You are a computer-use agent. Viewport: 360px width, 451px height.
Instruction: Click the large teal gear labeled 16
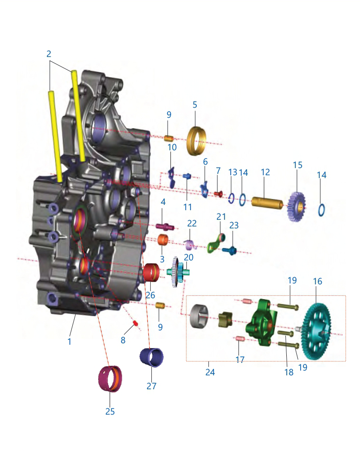click(x=316, y=332)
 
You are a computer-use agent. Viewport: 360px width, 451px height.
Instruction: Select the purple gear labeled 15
click(x=296, y=206)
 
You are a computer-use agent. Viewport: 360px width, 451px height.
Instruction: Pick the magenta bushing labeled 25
click(x=110, y=379)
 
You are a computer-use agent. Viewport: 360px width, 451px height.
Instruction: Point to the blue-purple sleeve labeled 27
click(x=152, y=357)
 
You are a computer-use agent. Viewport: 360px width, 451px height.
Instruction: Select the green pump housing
click(x=261, y=322)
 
